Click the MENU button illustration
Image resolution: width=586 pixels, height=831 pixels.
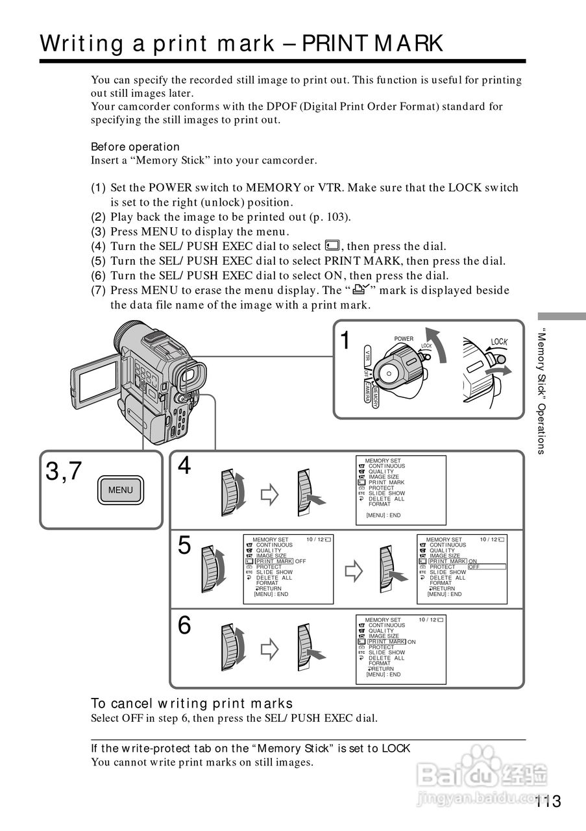pyautogui.click(x=120, y=490)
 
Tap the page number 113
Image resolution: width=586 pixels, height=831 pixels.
pyautogui.click(x=548, y=802)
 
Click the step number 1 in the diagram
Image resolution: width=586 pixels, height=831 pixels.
pyautogui.click(x=347, y=340)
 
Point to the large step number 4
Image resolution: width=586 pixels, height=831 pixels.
pyautogui.click(x=185, y=465)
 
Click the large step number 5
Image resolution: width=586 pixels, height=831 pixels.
pyautogui.click(x=185, y=546)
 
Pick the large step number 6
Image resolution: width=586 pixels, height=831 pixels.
pyautogui.click(x=185, y=626)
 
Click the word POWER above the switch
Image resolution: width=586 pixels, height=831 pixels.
pyautogui.click(x=404, y=339)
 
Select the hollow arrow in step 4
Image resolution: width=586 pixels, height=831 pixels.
pyautogui.click(x=269, y=496)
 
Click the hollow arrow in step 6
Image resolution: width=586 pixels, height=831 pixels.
pyautogui.click(x=269, y=649)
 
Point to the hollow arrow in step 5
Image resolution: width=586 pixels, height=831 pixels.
pyautogui.click(x=353, y=571)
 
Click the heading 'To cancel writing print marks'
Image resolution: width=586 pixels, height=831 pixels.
pyautogui.click(x=192, y=704)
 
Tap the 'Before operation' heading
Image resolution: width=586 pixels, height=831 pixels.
pyautogui.click(x=135, y=147)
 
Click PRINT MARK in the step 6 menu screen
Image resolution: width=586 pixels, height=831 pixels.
pyautogui.click(x=386, y=642)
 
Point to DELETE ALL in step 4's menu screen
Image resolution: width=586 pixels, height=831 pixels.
pyautogui.click(x=386, y=499)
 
